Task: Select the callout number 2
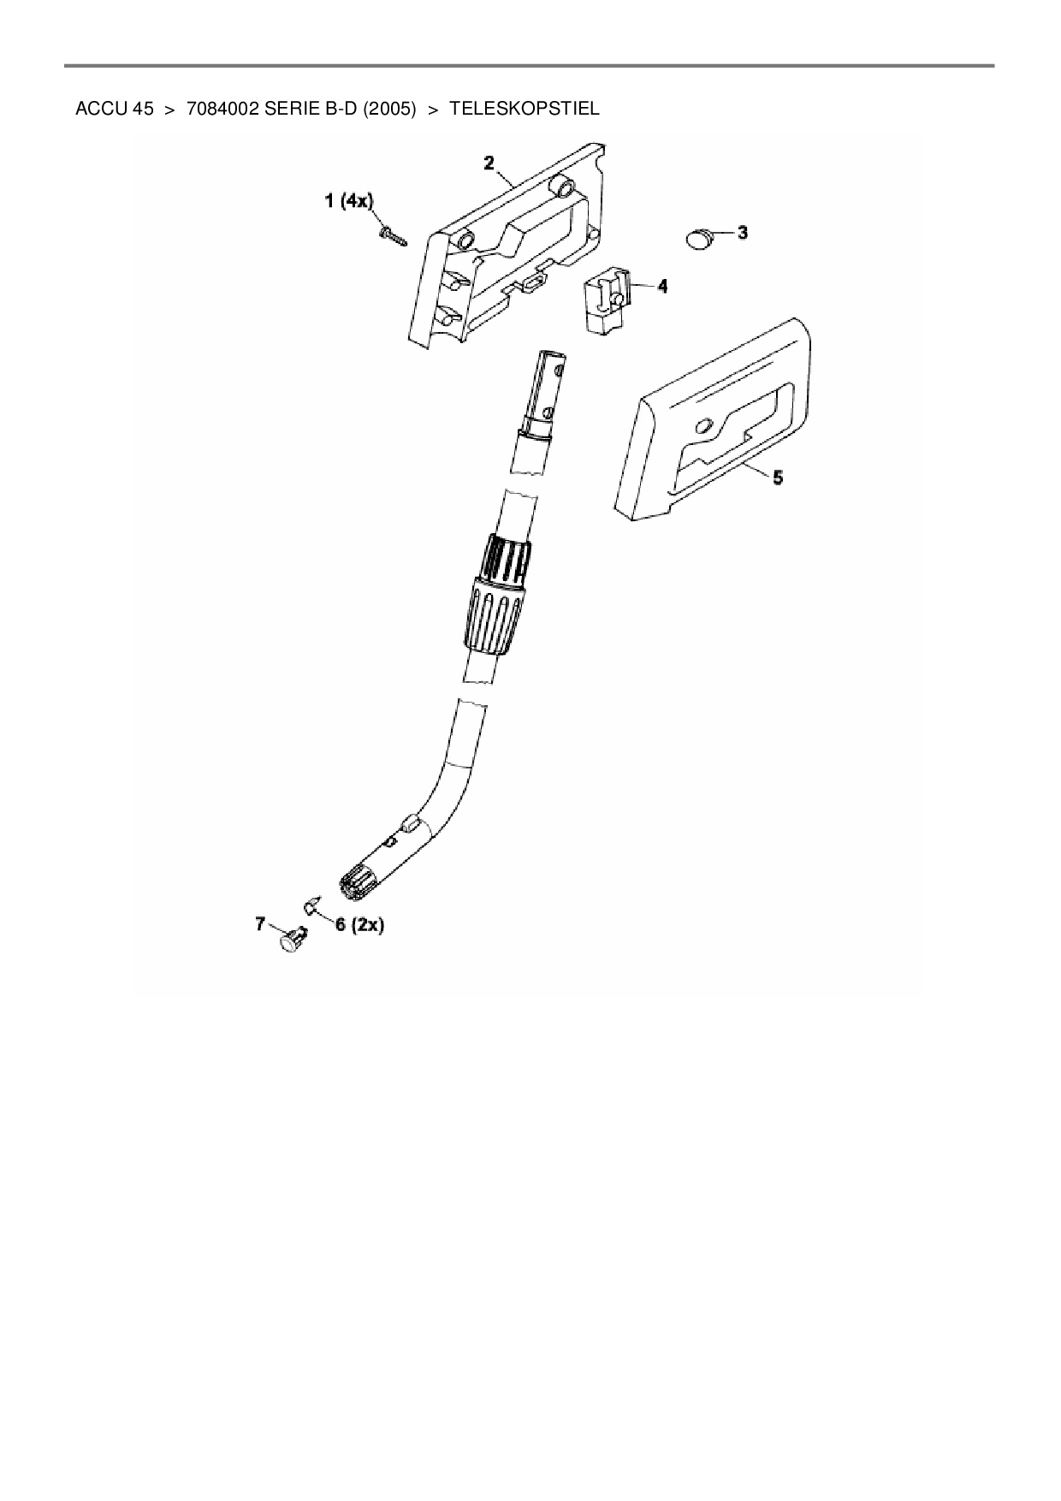[489, 163]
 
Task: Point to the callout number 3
[743, 232]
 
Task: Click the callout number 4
[662, 286]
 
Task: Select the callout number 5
[777, 478]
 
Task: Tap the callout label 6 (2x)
[360, 925]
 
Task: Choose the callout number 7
[261, 923]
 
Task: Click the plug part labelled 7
[292, 940]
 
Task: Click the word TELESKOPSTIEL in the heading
[524, 109]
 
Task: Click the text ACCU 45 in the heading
[115, 109]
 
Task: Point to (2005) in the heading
[389, 109]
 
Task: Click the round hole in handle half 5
[703, 426]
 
